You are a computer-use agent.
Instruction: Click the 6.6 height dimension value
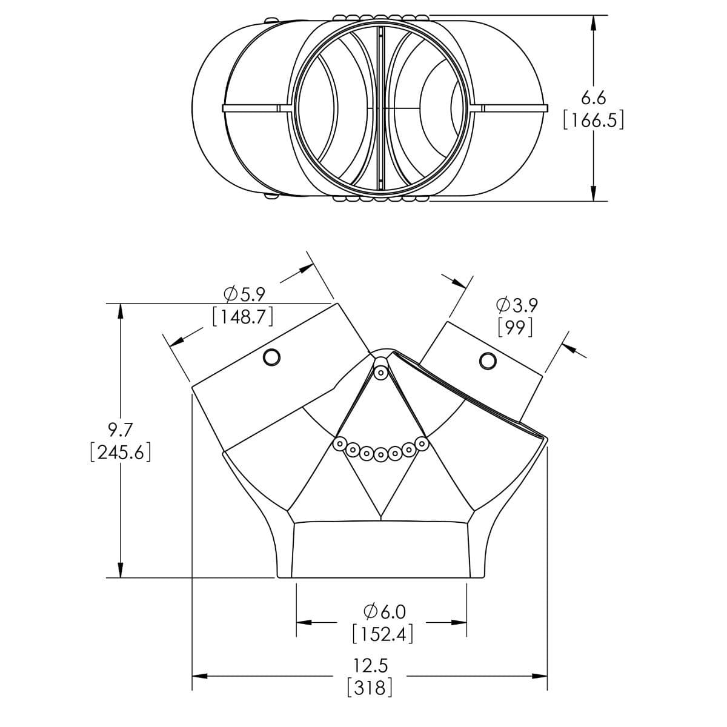(x=594, y=98)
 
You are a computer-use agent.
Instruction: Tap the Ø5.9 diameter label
(x=245, y=294)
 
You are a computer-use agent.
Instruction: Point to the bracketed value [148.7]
(x=242, y=317)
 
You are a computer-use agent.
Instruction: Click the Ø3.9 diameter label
(x=517, y=305)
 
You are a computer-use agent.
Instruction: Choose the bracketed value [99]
(x=516, y=327)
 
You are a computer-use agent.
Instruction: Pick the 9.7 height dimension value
(x=121, y=430)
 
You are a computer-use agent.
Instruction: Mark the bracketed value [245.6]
(x=121, y=452)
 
